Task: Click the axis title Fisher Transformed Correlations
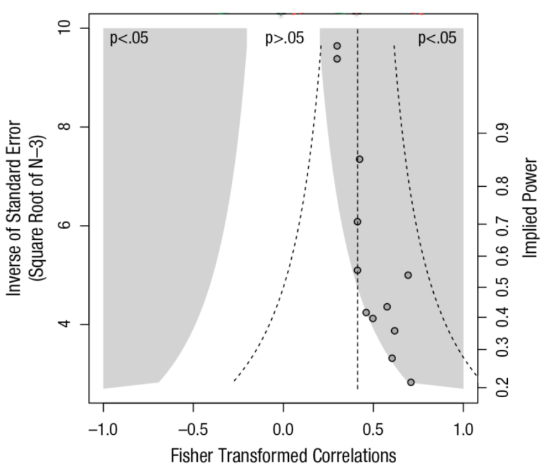tap(284, 454)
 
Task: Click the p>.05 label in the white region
tap(285, 39)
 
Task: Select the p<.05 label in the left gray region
tap(129, 39)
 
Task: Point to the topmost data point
tap(337, 46)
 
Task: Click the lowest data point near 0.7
tap(411, 382)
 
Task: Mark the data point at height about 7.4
tap(359, 159)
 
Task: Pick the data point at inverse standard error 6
tap(357, 221)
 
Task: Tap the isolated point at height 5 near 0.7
tap(408, 275)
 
